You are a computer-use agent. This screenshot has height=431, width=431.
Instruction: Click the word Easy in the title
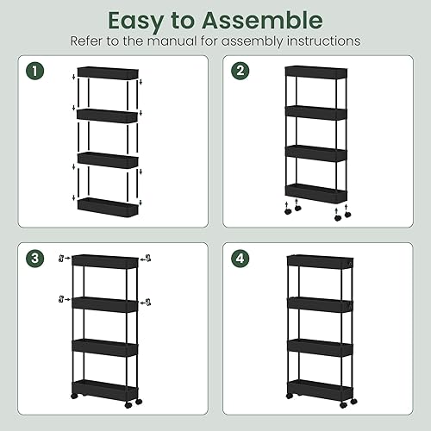pyautogui.click(x=136, y=22)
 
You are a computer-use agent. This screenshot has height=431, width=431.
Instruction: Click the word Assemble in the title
pyautogui.click(x=262, y=21)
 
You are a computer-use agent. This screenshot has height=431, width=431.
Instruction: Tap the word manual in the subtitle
pyautogui.click(x=172, y=41)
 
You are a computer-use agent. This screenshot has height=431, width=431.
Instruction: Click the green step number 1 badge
pyautogui.click(x=35, y=71)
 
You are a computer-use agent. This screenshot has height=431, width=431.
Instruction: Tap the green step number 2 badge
pyautogui.click(x=240, y=71)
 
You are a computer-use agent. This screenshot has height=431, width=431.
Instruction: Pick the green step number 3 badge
pyautogui.click(x=35, y=258)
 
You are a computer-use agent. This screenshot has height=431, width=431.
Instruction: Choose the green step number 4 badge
pyautogui.click(x=240, y=258)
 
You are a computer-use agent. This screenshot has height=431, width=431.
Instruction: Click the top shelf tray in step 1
pyautogui.click(x=108, y=72)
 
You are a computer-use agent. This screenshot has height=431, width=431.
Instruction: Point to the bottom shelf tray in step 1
pyautogui.click(x=108, y=207)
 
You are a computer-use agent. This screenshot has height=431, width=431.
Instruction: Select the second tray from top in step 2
pyautogui.click(x=316, y=113)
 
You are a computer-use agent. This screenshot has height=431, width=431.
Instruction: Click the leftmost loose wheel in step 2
pyautogui.click(x=288, y=212)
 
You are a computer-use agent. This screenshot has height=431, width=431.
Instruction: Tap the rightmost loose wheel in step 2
pyautogui.click(x=347, y=215)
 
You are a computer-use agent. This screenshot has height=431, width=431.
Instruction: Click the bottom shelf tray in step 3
pyautogui.click(x=105, y=390)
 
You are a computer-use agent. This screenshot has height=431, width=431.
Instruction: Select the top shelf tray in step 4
pyautogui.click(x=320, y=262)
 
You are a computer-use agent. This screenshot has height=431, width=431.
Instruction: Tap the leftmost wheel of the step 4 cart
pyautogui.click(x=290, y=396)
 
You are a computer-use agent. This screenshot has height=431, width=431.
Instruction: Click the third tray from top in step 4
pyautogui.click(x=320, y=347)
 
